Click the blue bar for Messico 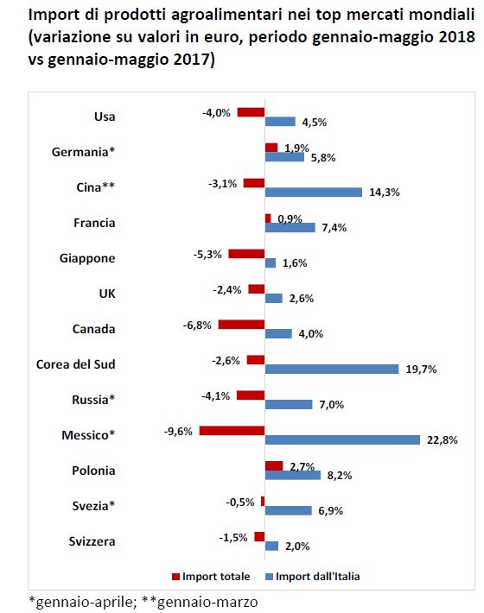pos(342,439)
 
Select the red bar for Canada pos(241,324)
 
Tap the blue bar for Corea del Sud pos(332,369)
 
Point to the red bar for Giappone pos(246,254)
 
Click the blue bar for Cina pos(314,193)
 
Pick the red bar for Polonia pos(274,465)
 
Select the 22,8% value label pos(443,440)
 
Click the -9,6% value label pos(178,432)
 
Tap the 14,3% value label pos(385,193)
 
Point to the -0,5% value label pos(240,502)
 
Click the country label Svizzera pos(92,541)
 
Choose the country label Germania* pos(83,152)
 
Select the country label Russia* pos(93,400)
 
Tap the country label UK pos(107,294)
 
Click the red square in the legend pos(175,577)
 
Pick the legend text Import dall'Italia pos(318,577)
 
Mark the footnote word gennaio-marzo pos(207,602)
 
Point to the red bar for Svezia pos(263,501)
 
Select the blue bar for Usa pos(280,122)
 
